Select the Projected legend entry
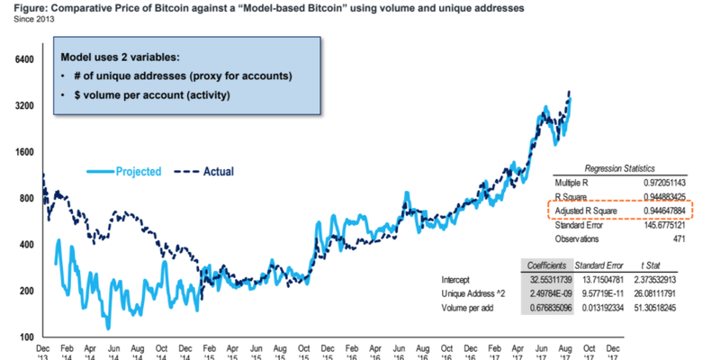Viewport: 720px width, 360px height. [138, 171]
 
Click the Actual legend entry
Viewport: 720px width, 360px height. [214, 171]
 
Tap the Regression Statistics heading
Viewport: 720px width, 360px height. [619, 168]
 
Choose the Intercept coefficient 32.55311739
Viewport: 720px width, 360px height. [547, 279]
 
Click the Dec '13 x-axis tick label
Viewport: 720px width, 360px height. [42, 351]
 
